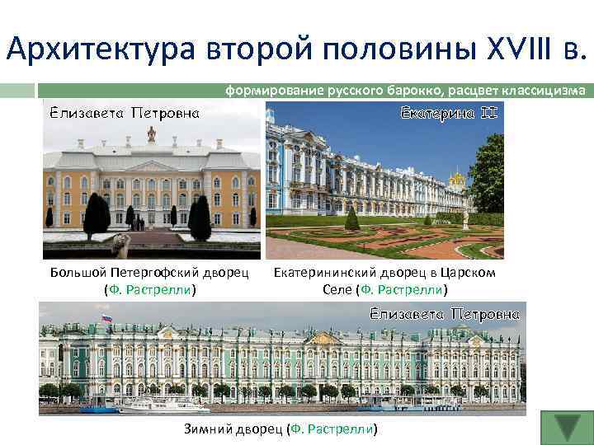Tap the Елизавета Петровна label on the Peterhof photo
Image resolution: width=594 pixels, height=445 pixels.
(x=122, y=114)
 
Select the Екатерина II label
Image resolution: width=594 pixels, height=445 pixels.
(x=449, y=112)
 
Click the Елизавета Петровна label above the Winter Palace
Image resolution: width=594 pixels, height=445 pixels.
(x=445, y=314)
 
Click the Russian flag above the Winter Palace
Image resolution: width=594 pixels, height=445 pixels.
(x=106, y=318)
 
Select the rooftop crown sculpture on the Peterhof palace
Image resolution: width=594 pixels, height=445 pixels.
(x=151, y=133)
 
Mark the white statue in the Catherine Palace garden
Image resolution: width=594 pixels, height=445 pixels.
(x=466, y=218)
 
